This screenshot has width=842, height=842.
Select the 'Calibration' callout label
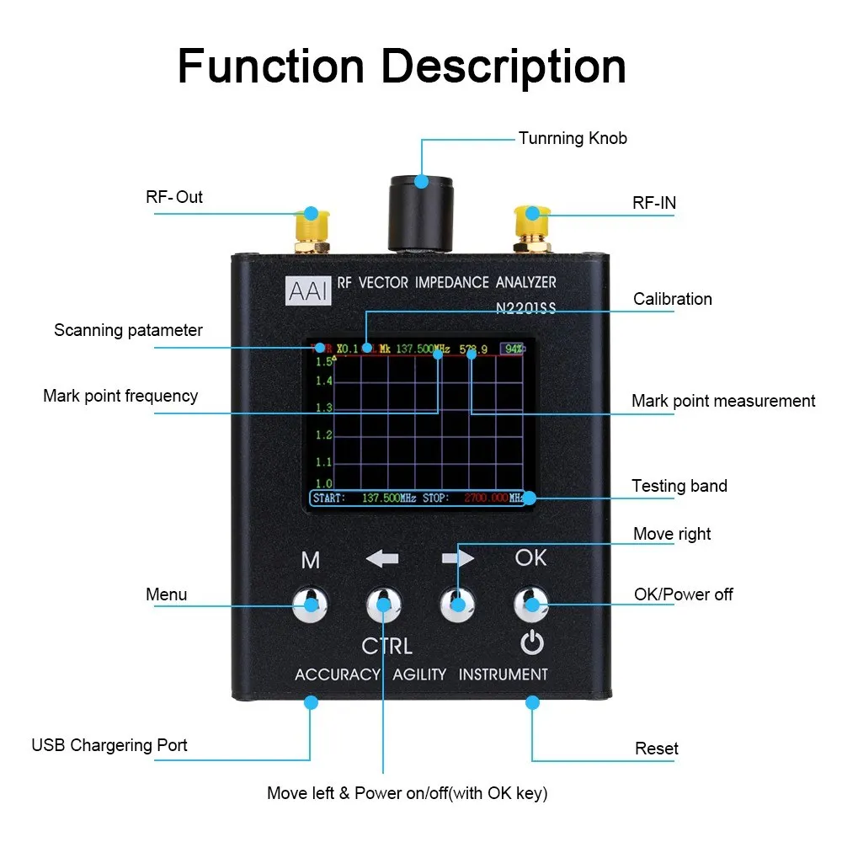(672, 299)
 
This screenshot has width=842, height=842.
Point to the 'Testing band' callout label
(679, 486)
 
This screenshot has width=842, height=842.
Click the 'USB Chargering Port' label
(109, 745)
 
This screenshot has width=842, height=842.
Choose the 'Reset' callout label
(656, 749)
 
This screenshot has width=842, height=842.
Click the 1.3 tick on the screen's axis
(323, 408)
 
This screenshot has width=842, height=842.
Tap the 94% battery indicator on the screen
(511, 349)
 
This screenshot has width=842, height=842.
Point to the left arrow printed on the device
(382, 558)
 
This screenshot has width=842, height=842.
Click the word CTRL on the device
(386, 647)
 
